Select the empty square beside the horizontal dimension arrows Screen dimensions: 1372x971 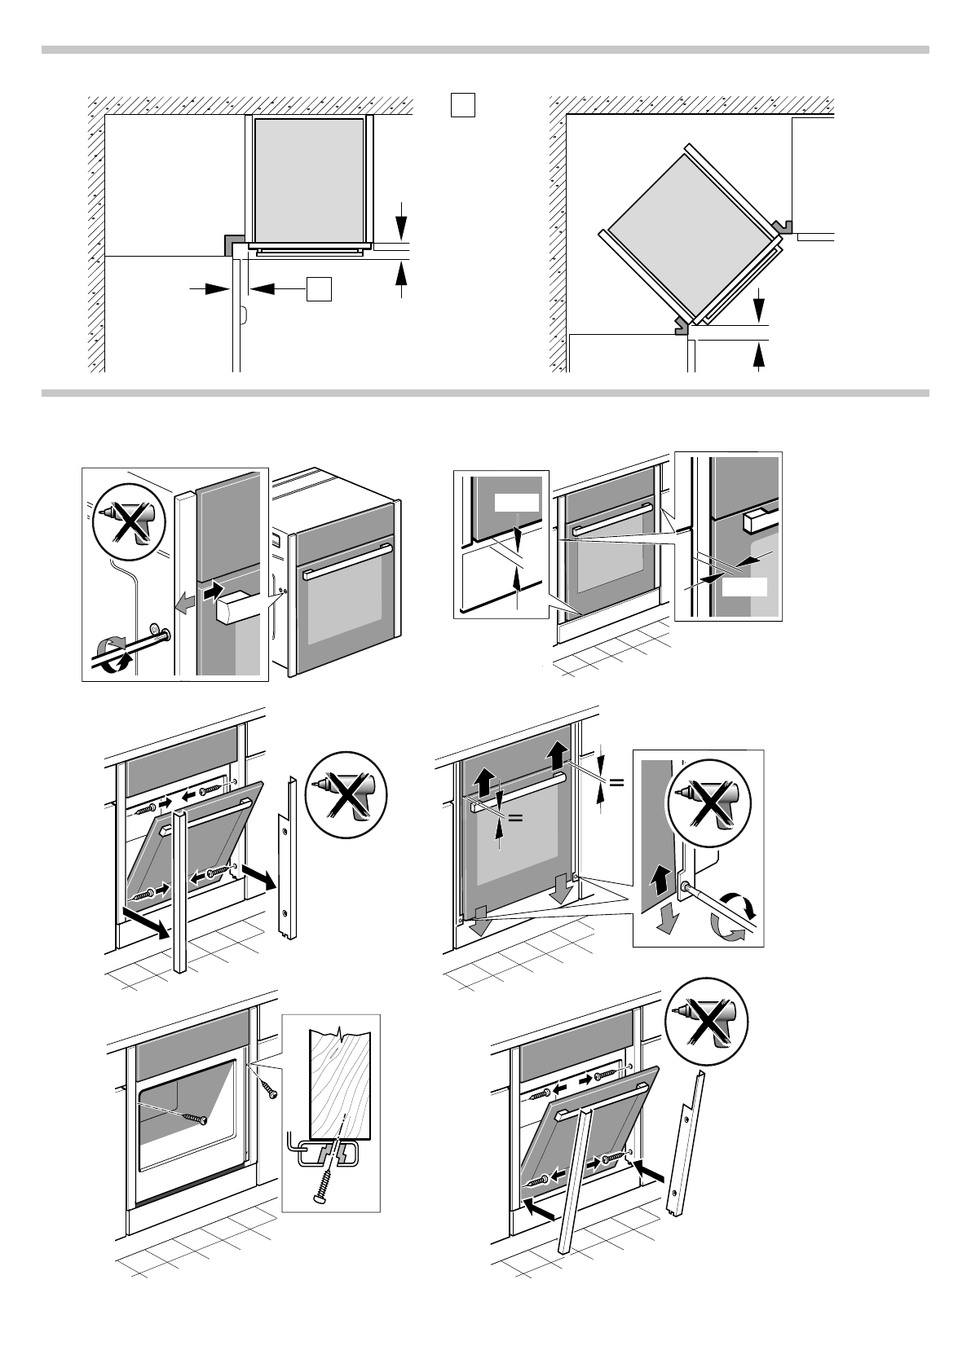[320, 288]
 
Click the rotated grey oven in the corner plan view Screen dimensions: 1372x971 [688, 231]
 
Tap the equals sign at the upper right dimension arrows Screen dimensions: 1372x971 [616, 782]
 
